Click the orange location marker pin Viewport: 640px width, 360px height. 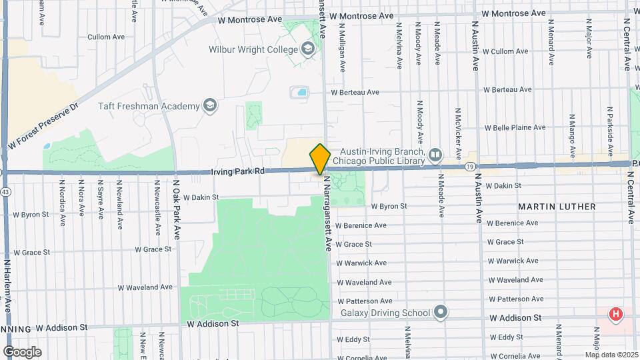pos(320,159)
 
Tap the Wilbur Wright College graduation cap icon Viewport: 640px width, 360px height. pos(307,49)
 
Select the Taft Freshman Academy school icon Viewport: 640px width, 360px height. pos(210,106)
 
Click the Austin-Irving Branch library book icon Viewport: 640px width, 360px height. pos(435,155)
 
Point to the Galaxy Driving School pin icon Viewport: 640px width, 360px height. pos(440,312)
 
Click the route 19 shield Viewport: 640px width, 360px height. pos(471,166)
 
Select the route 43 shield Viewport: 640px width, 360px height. pos(5,192)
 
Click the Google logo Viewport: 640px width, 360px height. pos(22,351)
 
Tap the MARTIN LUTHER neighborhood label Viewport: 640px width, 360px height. pos(557,207)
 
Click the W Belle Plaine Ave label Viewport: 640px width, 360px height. pos(515,127)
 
